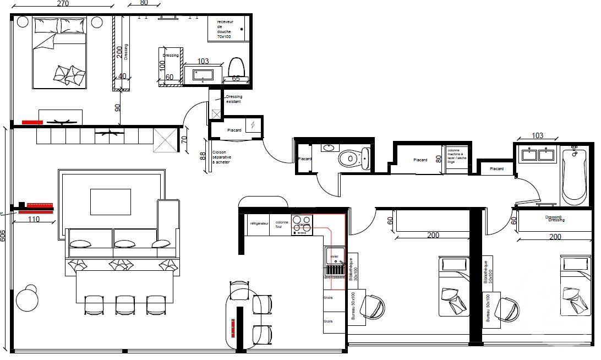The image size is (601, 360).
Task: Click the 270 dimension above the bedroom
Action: tap(63, 3)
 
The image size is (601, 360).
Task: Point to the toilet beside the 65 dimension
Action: tap(237, 68)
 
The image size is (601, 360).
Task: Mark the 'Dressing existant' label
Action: tap(234, 99)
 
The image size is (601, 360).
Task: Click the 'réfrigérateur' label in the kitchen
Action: tap(258, 224)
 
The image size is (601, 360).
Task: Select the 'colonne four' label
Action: tap(282, 225)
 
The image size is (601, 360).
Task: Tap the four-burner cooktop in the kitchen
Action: tap(302, 225)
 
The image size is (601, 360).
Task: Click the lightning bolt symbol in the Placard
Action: tap(252, 126)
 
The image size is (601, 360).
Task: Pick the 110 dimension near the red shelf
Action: tap(34, 219)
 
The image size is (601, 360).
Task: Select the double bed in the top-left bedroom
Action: tap(59, 53)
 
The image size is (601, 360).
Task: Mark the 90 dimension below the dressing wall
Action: tap(118, 107)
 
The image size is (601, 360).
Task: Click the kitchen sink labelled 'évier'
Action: tap(334, 256)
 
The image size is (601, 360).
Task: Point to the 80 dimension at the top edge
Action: tap(144, 3)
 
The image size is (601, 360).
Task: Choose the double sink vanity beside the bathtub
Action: tap(538, 155)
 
